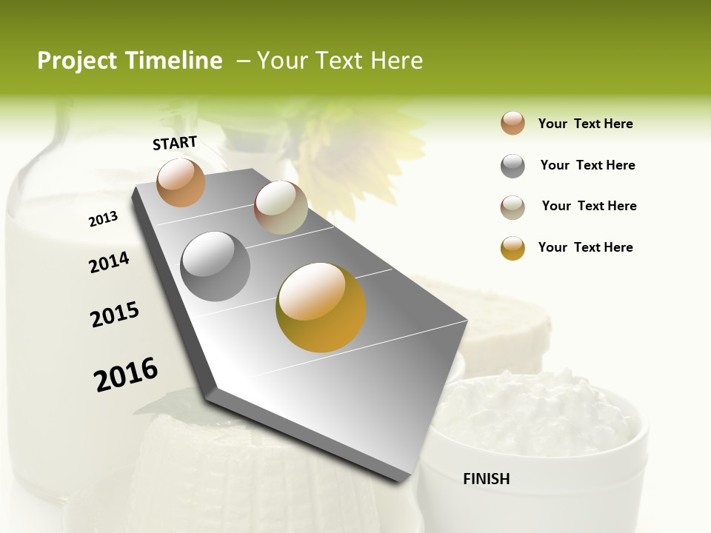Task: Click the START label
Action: click(x=175, y=143)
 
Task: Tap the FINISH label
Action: click(x=487, y=479)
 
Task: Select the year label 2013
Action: click(x=103, y=219)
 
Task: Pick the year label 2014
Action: click(x=109, y=262)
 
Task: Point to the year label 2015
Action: click(x=115, y=315)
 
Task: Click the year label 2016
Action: click(x=126, y=375)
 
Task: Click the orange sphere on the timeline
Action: click(x=181, y=182)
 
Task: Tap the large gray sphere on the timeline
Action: click(x=215, y=266)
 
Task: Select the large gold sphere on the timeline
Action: click(x=321, y=307)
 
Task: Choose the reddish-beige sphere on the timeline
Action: click(x=281, y=207)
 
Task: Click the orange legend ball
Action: click(x=513, y=124)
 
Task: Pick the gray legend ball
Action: click(x=513, y=166)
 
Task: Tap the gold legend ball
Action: click(x=513, y=248)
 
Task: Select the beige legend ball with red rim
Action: click(x=513, y=207)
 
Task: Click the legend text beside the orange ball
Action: click(x=585, y=124)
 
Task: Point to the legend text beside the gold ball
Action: click(x=585, y=247)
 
